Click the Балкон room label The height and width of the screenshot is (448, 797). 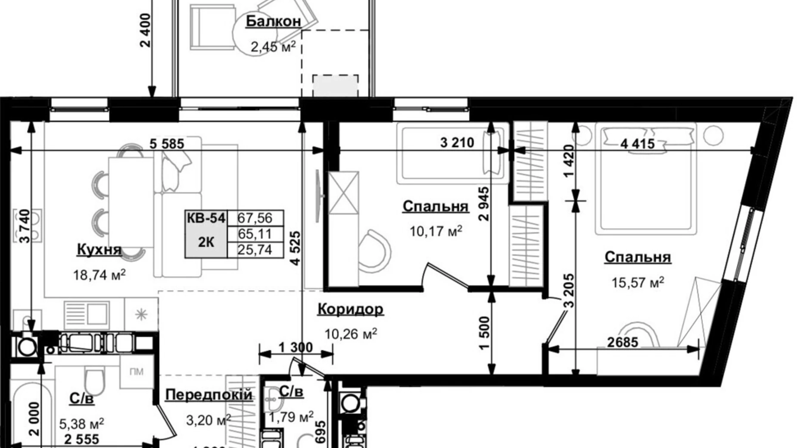coord(273,21)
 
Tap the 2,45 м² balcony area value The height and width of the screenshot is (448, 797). coord(273,47)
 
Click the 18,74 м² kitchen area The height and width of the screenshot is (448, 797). coord(100,275)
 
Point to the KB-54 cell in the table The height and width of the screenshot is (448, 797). coord(206,218)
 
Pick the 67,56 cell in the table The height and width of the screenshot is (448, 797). coord(255,218)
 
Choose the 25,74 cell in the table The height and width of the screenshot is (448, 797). coord(255,250)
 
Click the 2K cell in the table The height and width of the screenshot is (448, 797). coord(206,242)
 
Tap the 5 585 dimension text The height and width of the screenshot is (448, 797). coord(167,143)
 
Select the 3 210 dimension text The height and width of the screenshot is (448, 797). coord(457,142)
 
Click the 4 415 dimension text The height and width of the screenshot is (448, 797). coord(638,143)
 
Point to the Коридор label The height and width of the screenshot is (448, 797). coord(350,309)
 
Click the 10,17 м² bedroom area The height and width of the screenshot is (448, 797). coord(436,232)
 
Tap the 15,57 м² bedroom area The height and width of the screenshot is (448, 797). coord(638,283)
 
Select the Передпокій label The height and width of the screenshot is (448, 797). coord(209,395)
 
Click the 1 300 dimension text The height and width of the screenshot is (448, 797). coord(296,347)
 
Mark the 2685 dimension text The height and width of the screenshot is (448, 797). coord(623,342)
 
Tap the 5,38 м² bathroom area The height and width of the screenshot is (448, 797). coord(81,424)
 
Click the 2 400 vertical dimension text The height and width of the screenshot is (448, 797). coord(146,30)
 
